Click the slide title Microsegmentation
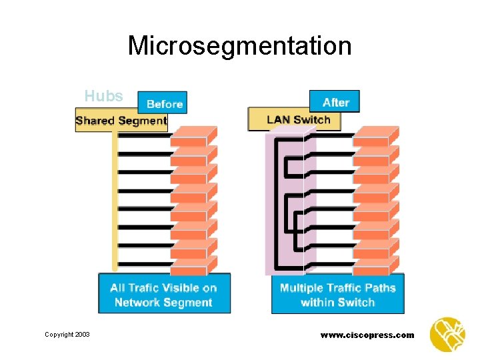pyautogui.click(x=239, y=46)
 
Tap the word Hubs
pyautogui.click(x=103, y=96)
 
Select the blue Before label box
pyautogui.click(x=163, y=103)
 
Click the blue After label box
pyautogui.click(x=335, y=102)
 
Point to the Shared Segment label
pyautogui.click(x=121, y=121)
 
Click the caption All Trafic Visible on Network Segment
pyautogui.click(x=164, y=294)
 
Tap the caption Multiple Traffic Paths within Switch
pyautogui.click(x=337, y=294)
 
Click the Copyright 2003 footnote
pyautogui.click(x=67, y=335)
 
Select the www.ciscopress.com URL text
pyautogui.click(x=367, y=335)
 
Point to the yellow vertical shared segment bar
pyautogui.click(x=115, y=200)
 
